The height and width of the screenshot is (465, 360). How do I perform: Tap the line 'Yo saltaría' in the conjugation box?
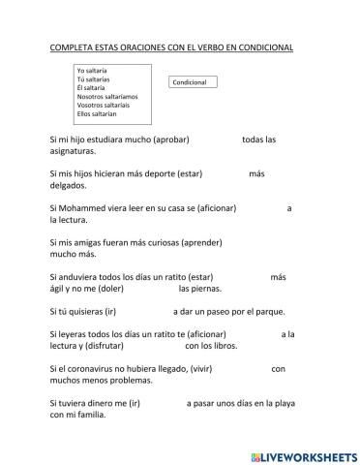(92, 71)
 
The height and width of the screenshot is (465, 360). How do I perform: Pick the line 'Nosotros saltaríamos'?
(107, 97)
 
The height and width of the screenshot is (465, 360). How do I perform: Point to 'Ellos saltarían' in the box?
(97, 114)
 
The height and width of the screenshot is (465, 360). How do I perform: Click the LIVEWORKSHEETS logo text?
(303, 454)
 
